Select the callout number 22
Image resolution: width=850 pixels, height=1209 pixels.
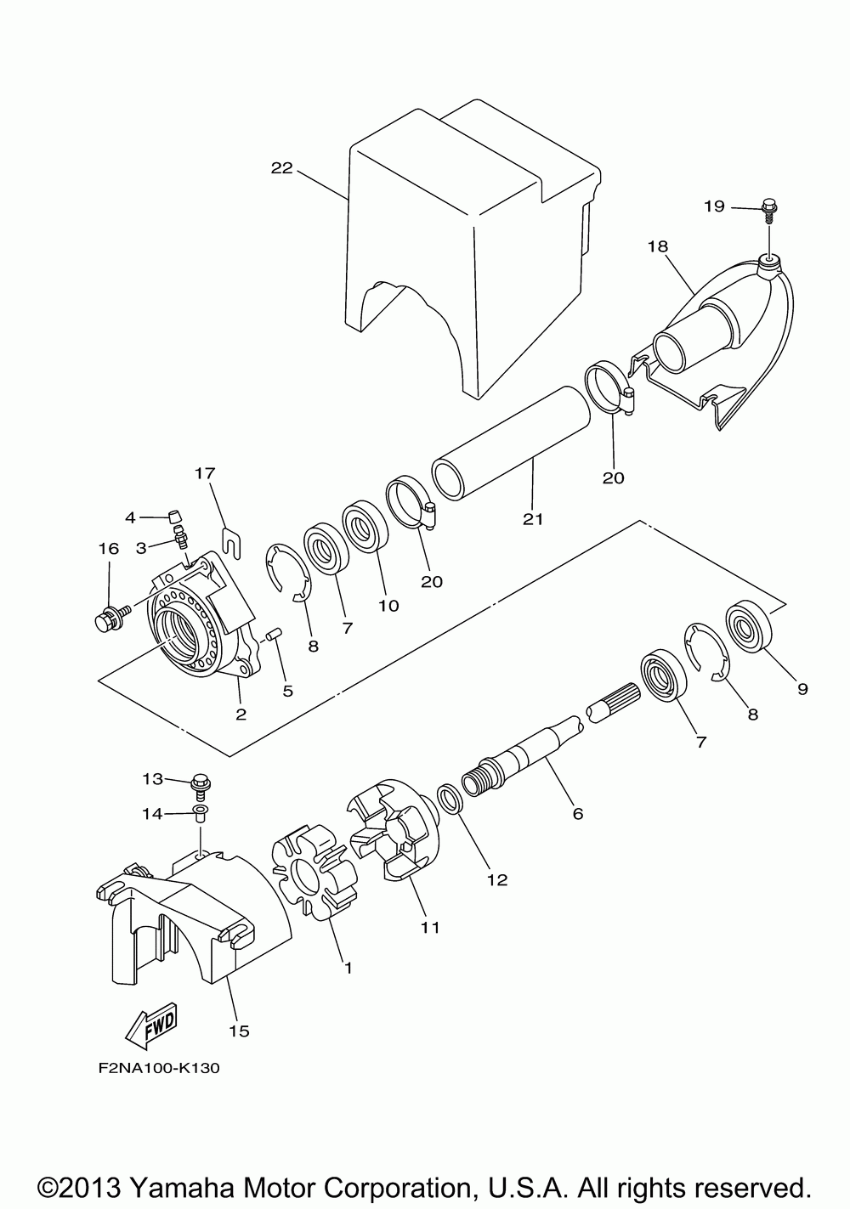(x=281, y=168)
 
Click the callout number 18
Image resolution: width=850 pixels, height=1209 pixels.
(x=658, y=246)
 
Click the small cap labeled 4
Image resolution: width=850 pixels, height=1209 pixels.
(x=175, y=517)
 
